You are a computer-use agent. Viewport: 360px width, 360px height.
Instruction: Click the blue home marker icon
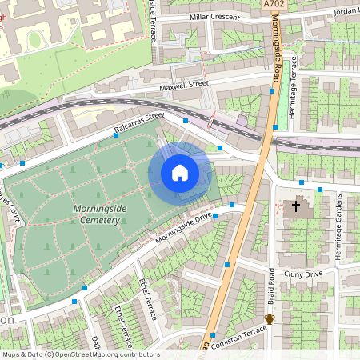179,172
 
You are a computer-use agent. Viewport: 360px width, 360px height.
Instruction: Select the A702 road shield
273,5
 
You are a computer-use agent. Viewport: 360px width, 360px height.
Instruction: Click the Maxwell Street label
183,82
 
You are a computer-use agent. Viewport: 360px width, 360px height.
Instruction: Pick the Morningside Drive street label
185,227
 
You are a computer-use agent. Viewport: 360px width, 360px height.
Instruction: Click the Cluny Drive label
303,274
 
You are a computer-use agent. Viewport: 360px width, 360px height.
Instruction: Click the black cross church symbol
296,206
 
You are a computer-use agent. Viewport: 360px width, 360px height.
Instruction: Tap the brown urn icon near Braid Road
270,318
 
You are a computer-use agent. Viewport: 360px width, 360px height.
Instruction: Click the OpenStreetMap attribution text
80,354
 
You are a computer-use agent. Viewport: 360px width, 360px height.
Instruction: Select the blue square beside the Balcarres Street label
186,120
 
